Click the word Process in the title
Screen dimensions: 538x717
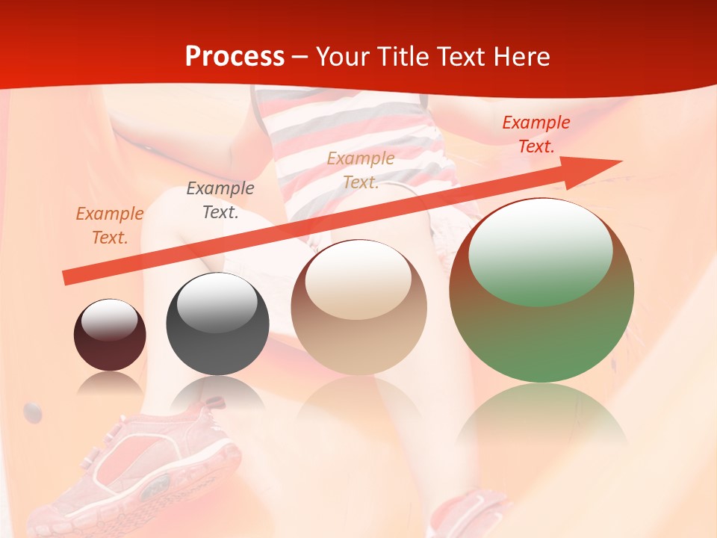click(x=235, y=57)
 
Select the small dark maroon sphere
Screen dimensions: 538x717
click(x=110, y=335)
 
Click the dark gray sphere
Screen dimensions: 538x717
click(x=217, y=324)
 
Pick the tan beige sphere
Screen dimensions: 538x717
click(x=359, y=307)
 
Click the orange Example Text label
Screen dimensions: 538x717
click(x=110, y=225)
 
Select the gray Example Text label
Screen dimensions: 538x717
click(x=220, y=200)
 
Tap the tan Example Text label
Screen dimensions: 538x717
click(x=361, y=170)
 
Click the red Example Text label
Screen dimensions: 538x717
click(x=536, y=134)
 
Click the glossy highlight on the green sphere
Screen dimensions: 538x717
click(x=540, y=252)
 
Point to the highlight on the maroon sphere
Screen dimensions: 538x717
click(x=109, y=320)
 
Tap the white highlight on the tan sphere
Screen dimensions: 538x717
click(x=358, y=278)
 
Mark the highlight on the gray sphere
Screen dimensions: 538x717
click(x=217, y=302)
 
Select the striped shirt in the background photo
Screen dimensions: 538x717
click(x=358, y=127)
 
